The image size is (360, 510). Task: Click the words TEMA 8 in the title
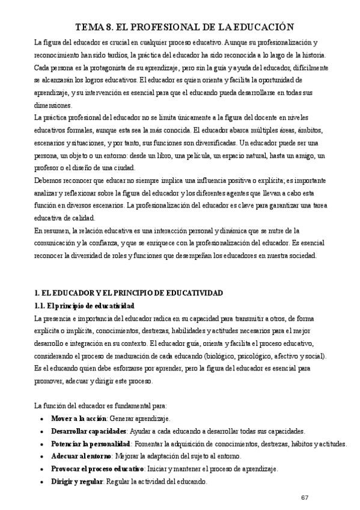[x=96, y=26]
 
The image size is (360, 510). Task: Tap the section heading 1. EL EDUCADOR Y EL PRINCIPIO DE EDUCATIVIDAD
[x=129, y=293]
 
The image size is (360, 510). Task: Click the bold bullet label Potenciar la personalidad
[x=91, y=444]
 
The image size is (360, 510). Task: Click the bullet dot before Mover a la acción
[x=40, y=419]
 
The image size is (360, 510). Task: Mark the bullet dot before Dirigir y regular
[x=40, y=482]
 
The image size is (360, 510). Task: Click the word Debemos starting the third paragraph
[x=50, y=180]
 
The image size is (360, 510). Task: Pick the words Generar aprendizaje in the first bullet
[x=140, y=418]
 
